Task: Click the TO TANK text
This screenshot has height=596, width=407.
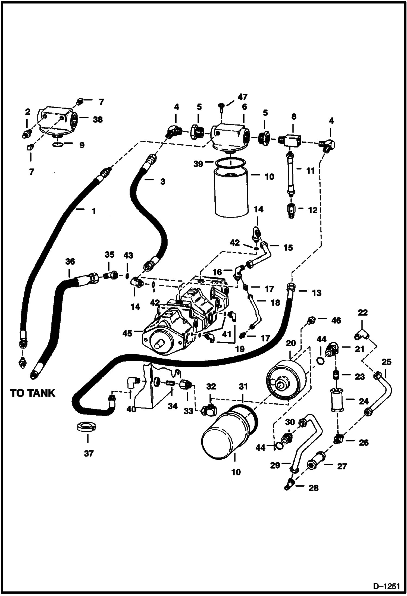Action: coord(33,393)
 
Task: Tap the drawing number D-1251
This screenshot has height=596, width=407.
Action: coord(386,586)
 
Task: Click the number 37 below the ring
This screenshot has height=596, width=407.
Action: coord(89,453)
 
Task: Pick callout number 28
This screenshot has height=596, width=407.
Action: coord(313,488)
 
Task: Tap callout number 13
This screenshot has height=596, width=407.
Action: coord(317,293)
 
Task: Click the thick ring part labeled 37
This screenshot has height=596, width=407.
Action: coord(86,427)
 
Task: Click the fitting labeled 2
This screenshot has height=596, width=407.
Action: coord(27,134)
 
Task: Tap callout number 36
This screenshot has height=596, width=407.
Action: coord(70,262)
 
